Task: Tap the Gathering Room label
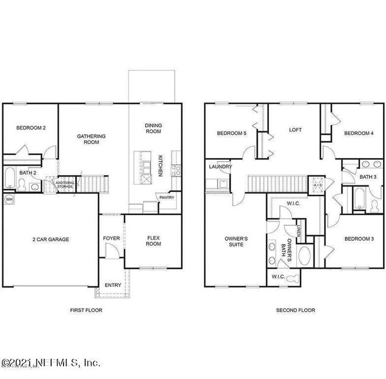pos(91,139)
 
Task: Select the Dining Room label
pos(153,128)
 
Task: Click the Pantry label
pos(166,198)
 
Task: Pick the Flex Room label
pos(154,241)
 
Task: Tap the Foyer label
pos(112,238)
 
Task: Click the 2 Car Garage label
pos(50,239)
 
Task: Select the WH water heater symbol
pos(9,199)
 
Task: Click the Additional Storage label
pos(65,184)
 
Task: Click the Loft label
pos(295,130)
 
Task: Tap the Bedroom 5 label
pos(231,133)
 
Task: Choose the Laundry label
pos(220,167)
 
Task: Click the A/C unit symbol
pos(317,185)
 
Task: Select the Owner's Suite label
pos(236,241)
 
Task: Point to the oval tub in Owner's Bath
pos(305,256)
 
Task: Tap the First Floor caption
pos(86,310)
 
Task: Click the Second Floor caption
pos(295,310)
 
